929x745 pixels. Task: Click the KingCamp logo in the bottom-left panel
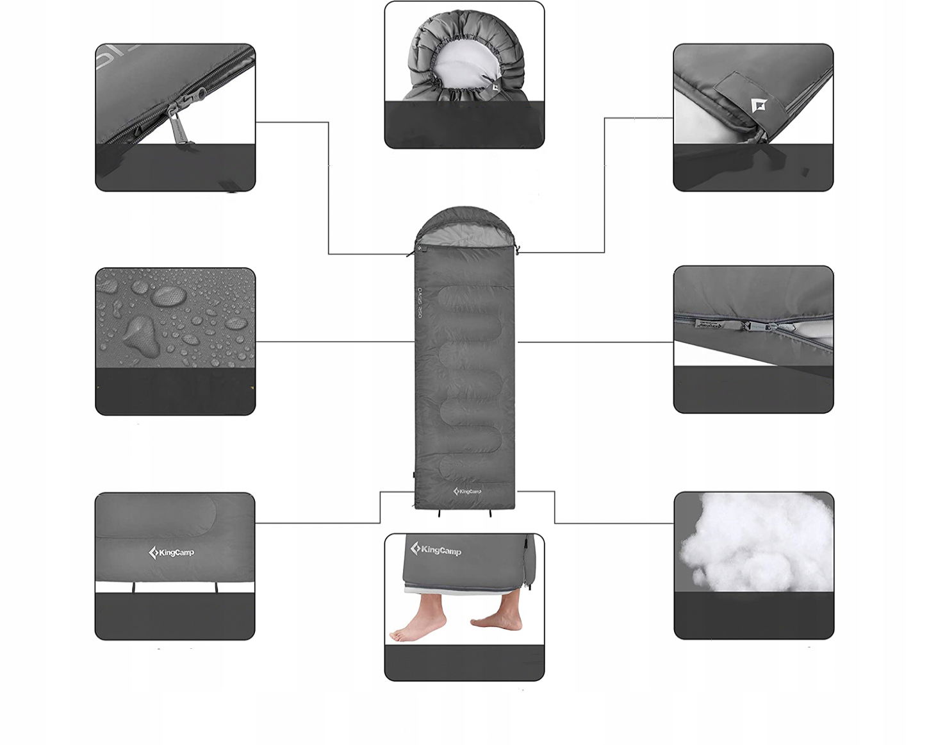[x=171, y=552]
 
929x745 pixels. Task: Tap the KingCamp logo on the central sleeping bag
[x=467, y=491]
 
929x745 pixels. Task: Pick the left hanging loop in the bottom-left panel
[x=135, y=588]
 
